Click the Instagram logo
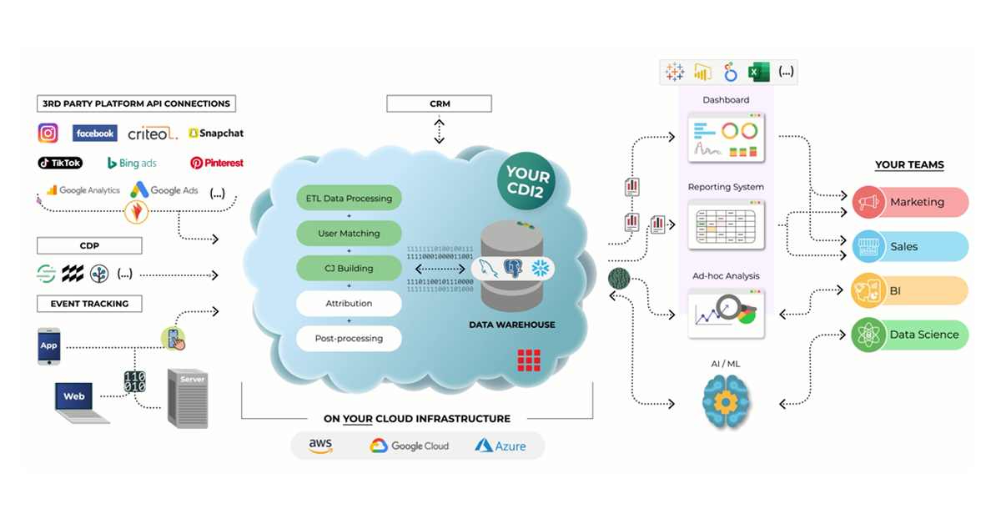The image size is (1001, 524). pyautogui.click(x=48, y=134)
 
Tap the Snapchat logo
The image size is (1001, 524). pyautogui.click(x=216, y=134)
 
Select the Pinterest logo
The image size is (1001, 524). pyautogui.click(x=217, y=163)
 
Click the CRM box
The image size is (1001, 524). pyautogui.click(x=439, y=104)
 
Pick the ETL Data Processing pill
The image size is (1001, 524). pyautogui.click(x=349, y=199)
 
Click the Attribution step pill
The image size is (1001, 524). pyautogui.click(x=349, y=304)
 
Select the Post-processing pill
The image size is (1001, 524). pyautogui.click(x=349, y=339)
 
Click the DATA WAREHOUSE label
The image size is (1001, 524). pyautogui.click(x=512, y=325)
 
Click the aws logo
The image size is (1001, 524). pyautogui.click(x=320, y=446)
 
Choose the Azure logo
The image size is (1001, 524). pyautogui.click(x=500, y=446)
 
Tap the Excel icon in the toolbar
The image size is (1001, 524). pyautogui.click(x=758, y=73)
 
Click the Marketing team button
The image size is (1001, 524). pyautogui.click(x=910, y=202)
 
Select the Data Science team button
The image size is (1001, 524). pyautogui.click(x=910, y=335)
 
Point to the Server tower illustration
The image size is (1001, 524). pyautogui.click(x=188, y=398)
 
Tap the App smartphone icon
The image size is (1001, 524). pyautogui.click(x=49, y=345)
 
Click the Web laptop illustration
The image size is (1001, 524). pyautogui.click(x=81, y=401)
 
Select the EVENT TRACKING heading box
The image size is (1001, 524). pyautogui.click(x=89, y=304)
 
